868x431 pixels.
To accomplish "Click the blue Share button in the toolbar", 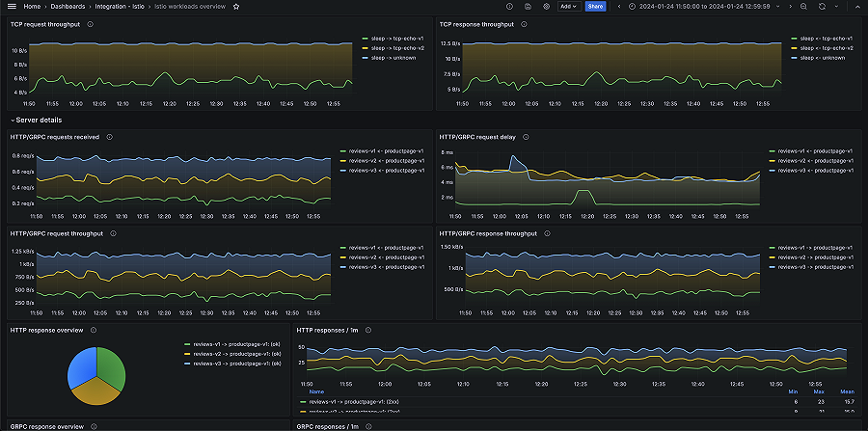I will coord(595,6).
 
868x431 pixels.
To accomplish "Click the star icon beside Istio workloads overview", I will coord(236,6).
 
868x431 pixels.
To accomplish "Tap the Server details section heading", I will coord(39,121).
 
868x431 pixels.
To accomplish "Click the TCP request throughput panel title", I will coord(45,23).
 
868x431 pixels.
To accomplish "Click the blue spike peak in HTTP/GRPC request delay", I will coord(514,157).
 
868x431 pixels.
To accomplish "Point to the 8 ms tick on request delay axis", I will coord(447,152).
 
